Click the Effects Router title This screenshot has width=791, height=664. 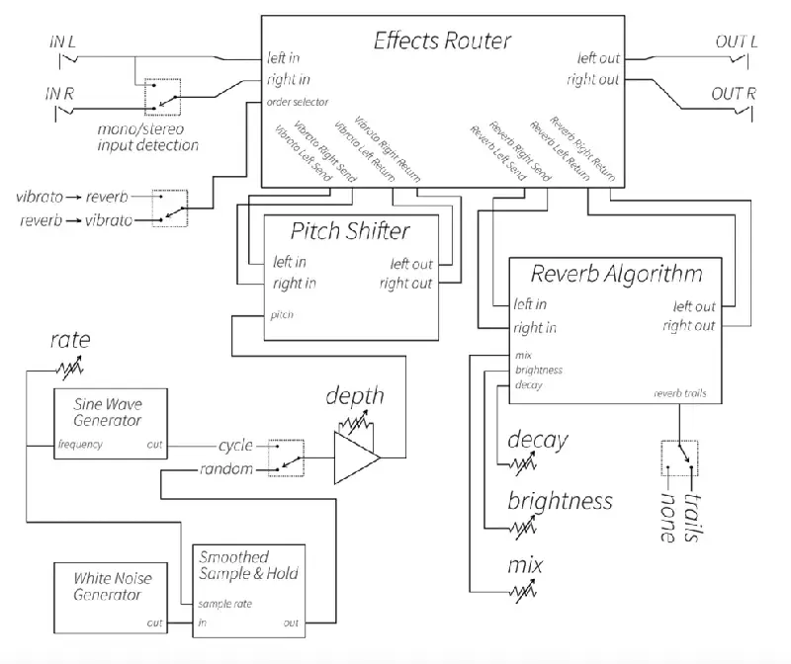coord(442,41)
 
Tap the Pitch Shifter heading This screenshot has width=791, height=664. coord(351,231)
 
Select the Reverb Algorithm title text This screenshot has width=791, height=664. coord(617,273)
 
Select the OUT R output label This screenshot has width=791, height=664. coord(734,95)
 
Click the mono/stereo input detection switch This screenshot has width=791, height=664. coord(163,95)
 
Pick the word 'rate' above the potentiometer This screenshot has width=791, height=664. coord(70,343)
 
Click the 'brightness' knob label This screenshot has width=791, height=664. coord(560,501)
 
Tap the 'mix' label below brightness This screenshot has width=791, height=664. coord(525,566)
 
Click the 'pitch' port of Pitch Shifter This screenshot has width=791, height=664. coord(282,315)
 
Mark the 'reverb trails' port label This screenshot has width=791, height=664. coord(679,393)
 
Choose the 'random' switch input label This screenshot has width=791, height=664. coord(228,468)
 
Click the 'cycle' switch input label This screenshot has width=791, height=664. coord(234,445)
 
